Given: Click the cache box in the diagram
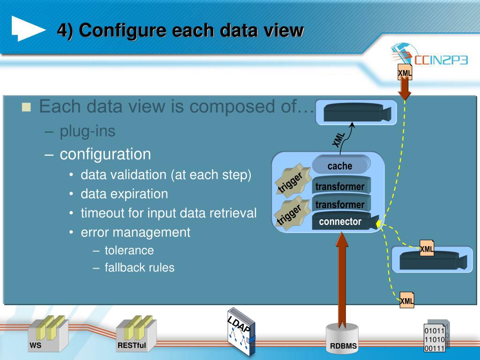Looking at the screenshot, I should (x=340, y=165).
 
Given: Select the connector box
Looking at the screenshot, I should (x=341, y=222).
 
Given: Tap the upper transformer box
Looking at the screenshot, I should (x=340, y=186).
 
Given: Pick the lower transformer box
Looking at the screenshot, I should (x=340, y=204).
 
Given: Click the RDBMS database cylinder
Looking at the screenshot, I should (x=343, y=338).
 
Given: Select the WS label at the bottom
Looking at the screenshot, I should (x=36, y=346).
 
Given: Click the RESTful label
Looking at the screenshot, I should (x=132, y=346).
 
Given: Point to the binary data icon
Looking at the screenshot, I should (x=435, y=337).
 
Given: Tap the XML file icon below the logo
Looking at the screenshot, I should (x=405, y=73).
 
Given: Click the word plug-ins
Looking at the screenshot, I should (x=88, y=131).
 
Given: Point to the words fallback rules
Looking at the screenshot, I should (x=140, y=268).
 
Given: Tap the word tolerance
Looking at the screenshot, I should (x=129, y=250).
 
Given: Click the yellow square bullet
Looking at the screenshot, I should (x=26, y=107).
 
